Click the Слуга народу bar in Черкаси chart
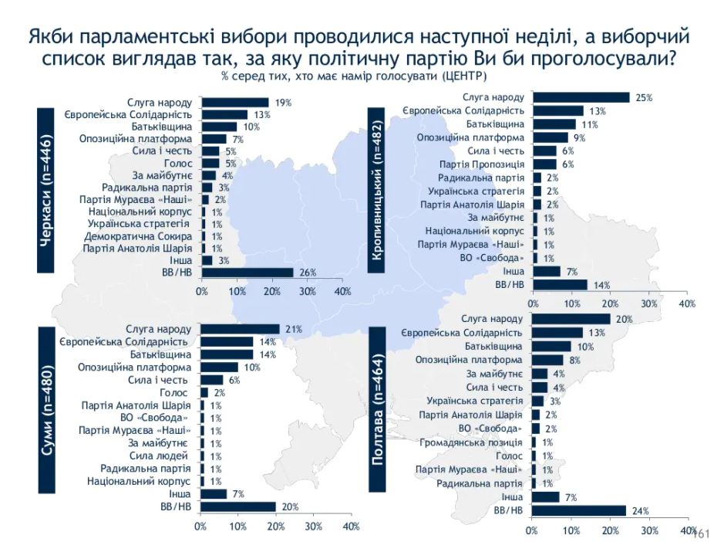coord(235,103)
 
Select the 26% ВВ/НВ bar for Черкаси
coord(248,272)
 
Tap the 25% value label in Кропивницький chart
coord(645,98)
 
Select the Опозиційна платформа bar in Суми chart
coord(220,368)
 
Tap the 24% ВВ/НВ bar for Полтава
coord(579,510)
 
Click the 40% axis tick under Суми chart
coord(351,527)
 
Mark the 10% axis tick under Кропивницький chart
coord(571,303)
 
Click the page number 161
coord(701,533)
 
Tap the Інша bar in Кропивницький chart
coord(547,271)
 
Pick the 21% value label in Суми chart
coord(293,329)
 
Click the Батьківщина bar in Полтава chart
coord(552,347)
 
